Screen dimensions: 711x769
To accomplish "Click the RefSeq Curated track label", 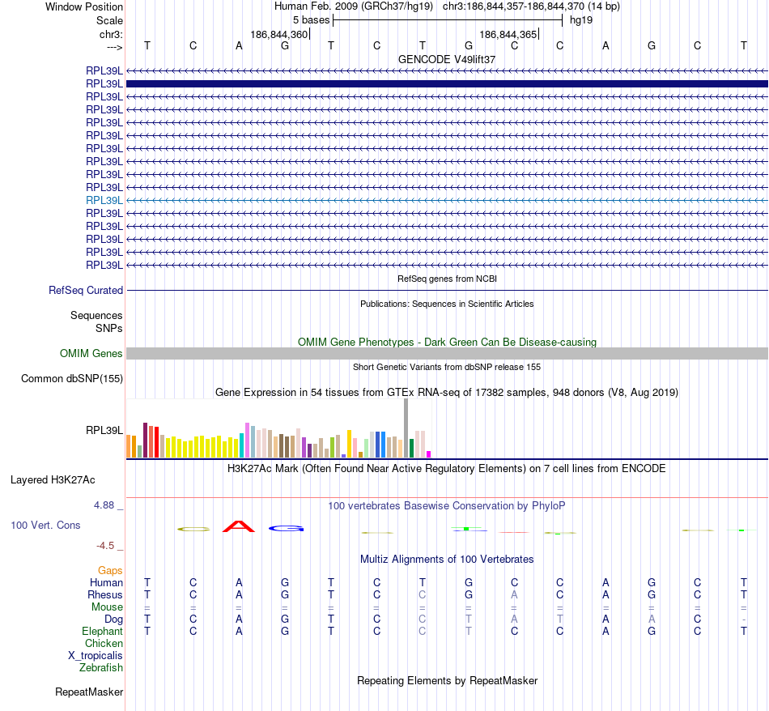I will (x=86, y=290).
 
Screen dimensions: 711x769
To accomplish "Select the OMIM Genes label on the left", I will (x=91, y=353).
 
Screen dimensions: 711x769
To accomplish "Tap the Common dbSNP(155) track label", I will (x=72, y=378).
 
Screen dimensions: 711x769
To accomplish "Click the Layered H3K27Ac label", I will (x=53, y=479).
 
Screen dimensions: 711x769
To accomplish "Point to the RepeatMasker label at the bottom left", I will (x=89, y=692).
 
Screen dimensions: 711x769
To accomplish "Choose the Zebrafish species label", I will (x=101, y=667).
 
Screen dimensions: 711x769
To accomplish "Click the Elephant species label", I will (x=102, y=631).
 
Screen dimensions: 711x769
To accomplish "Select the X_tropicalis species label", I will (x=96, y=655).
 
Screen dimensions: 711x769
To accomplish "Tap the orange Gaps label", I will (x=110, y=570).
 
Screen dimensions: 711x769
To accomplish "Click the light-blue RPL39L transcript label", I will (x=104, y=200).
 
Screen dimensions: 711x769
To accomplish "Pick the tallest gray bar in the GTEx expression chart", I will (x=406, y=428).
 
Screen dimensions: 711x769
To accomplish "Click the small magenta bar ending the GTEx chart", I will (x=429, y=454).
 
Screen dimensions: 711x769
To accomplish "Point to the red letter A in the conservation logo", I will (x=239, y=526).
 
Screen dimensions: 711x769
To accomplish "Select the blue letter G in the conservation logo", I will (x=286, y=529).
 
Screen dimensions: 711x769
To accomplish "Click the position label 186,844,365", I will (x=508, y=35).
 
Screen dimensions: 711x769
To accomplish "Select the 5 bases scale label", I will (x=311, y=20).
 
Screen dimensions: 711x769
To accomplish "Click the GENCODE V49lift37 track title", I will (x=447, y=60).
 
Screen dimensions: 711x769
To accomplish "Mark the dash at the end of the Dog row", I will (x=743, y=619).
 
